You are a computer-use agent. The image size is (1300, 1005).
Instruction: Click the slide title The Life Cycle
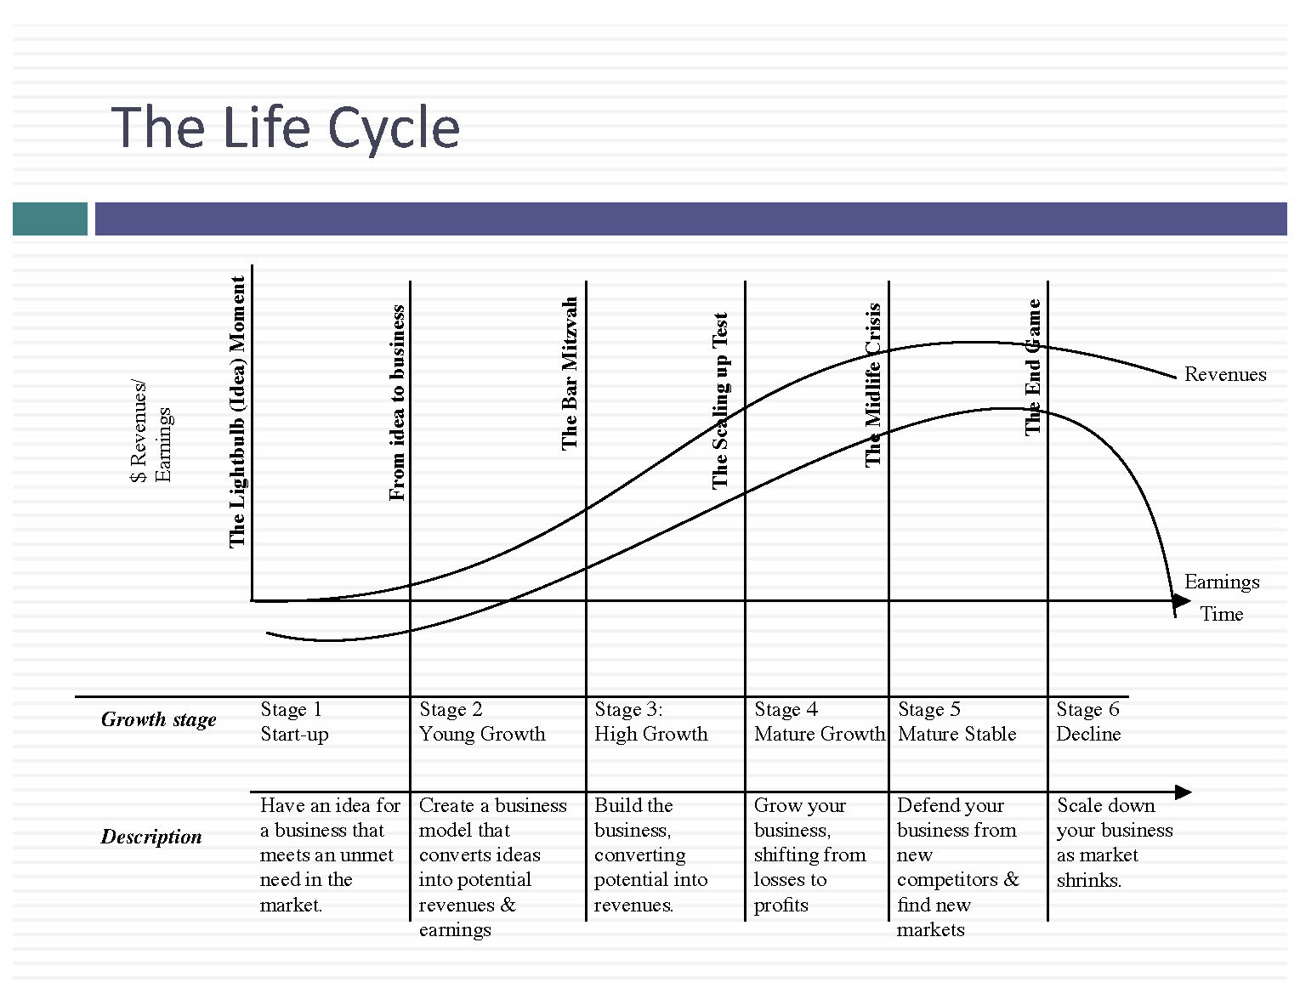(x=285, y=128)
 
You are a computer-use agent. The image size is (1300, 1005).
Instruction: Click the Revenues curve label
(x=1224, y=374)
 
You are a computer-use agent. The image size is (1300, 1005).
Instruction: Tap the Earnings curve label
(x=1221, y=582)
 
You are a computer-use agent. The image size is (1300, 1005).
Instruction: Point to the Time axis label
(x=1221, y=614)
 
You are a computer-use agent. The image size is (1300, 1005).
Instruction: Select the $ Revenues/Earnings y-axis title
(x=151, y=432)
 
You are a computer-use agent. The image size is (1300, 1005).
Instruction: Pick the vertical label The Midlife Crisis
(x=873, y=384)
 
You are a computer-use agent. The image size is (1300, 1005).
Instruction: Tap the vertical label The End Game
(x=1033, y=367)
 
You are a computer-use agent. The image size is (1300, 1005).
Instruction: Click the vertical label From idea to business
(x=397, y=403)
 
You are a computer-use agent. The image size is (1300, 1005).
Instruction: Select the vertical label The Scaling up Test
(x=720, y=401)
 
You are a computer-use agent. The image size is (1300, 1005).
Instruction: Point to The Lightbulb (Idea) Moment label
(x=237, y=412)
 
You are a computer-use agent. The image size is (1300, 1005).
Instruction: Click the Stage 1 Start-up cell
(x=294, y=722)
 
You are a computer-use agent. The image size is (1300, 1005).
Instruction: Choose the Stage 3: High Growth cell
(x=650, y=722)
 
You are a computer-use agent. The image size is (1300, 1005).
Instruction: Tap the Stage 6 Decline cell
(x=1088, y=722)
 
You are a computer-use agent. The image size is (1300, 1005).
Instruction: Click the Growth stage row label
(x=158, y=719)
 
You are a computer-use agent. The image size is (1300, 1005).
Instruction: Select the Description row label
(x=151, y=837)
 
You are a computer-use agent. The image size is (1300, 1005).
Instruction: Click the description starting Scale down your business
(x=1114, y=843)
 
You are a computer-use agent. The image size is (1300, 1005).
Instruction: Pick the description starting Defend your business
(x=957, y=866)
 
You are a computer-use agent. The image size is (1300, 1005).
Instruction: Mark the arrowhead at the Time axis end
(x=1182, y=601)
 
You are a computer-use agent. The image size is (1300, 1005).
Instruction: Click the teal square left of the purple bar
(x=50, y=219)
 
